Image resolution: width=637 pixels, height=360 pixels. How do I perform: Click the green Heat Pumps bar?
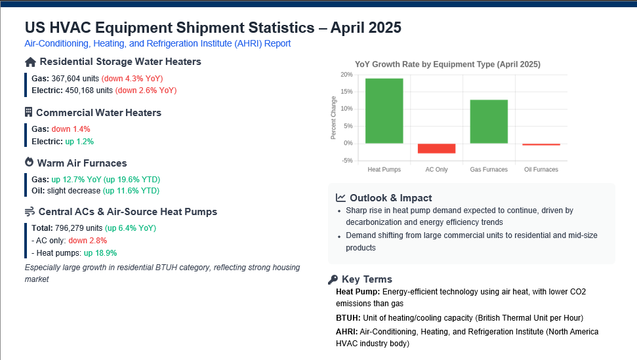[384, 111]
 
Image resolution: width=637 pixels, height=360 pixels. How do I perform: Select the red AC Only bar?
[436, 148]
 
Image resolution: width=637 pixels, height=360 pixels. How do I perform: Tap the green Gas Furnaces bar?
[489, 121]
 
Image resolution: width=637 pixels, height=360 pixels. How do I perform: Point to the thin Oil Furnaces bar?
[541, 144]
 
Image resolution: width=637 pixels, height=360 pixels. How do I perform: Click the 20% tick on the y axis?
[346, 75]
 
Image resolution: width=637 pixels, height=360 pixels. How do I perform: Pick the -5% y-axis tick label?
[347, 161]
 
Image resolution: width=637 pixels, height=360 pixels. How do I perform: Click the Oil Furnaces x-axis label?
[541, 170]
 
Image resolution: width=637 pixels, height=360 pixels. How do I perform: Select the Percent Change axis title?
[333, 117]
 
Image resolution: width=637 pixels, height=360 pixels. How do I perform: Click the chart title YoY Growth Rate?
[447, 64]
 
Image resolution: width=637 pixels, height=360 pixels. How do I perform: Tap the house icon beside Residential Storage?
[30, 62]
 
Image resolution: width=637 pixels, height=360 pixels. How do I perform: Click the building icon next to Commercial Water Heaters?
[28, 112]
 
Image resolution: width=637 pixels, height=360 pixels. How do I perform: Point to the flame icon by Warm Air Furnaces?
[30, 163]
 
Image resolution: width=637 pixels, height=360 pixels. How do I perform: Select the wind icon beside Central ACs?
[30, 211]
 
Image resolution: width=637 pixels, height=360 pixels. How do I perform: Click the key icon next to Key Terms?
[333, 279]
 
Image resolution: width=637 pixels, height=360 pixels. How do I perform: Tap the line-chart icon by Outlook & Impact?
[340, 197]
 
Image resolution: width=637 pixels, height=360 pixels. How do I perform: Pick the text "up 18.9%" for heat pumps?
[100, 253]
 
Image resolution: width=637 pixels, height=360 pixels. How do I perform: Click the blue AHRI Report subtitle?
[157, 43]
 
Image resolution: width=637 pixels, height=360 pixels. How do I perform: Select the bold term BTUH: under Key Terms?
[348, 318]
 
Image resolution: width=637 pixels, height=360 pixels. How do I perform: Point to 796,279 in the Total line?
[70, 228]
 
